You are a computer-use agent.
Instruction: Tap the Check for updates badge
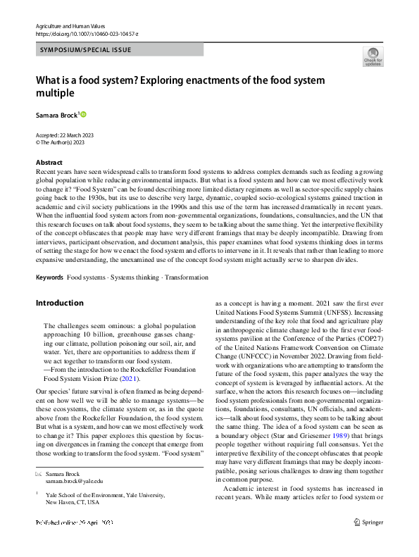pyautogui.click(x=373, y=56)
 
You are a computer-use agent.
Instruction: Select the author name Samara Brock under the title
pyautogui.click(x=56, y=114)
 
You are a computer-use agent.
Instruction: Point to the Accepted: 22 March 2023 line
pyautogui.click(x=64, y=134)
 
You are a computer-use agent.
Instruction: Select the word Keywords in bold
pyautogui.click(x=49, y=277)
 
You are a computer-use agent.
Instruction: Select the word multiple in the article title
pyautogui.click(x=56, y=93)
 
